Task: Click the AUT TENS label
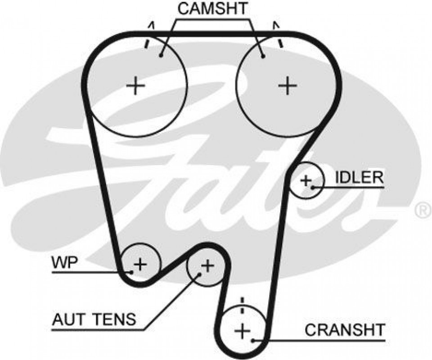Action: click(x=94, y=320)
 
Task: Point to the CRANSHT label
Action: click(x=345, y=330)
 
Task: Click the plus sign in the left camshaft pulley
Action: click(x=135, y=85)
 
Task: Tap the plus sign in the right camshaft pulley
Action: click(x=287, y=85)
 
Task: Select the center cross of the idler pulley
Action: click(x=306, y=181)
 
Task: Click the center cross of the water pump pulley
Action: click(x=141, y=263)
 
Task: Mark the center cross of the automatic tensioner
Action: click(x=207, y=265)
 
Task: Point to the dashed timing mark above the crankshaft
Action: click(x=242, y=305)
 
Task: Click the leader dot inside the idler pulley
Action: click(x=312, y=186)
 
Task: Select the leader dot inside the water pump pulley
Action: click(x=131, y=272)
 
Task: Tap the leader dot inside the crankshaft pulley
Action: click(x=254, y=340)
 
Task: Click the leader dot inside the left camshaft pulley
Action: click(x=161, y=56)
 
